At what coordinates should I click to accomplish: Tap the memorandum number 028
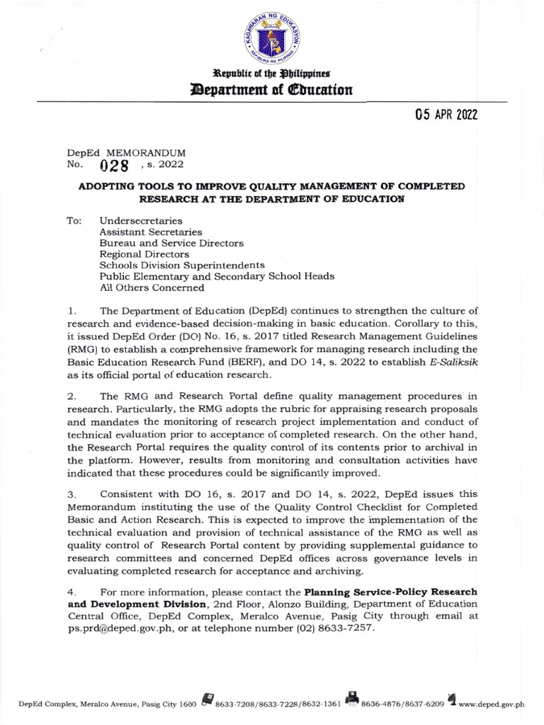(114, 166)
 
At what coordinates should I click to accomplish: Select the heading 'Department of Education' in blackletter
(272, 90)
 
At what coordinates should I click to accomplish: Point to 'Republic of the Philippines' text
(272, 74)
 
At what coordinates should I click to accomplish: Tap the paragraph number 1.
(71, 310)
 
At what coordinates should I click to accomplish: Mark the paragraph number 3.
(71, 493)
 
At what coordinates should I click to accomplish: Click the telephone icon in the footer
(208, 701)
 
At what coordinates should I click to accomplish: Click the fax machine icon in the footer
(352, 701)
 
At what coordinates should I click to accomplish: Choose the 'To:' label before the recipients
(74, 220)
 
